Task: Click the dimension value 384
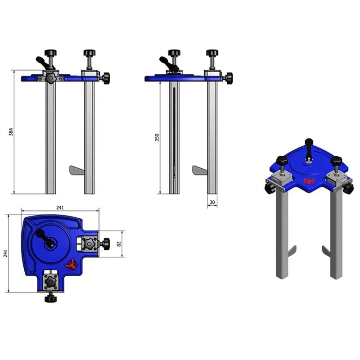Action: click(x=11, y=132)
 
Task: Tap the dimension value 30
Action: click(x=212, y=202)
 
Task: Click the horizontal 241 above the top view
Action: click(x=60, y=207)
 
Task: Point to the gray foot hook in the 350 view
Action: click(x=199, y=171)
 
